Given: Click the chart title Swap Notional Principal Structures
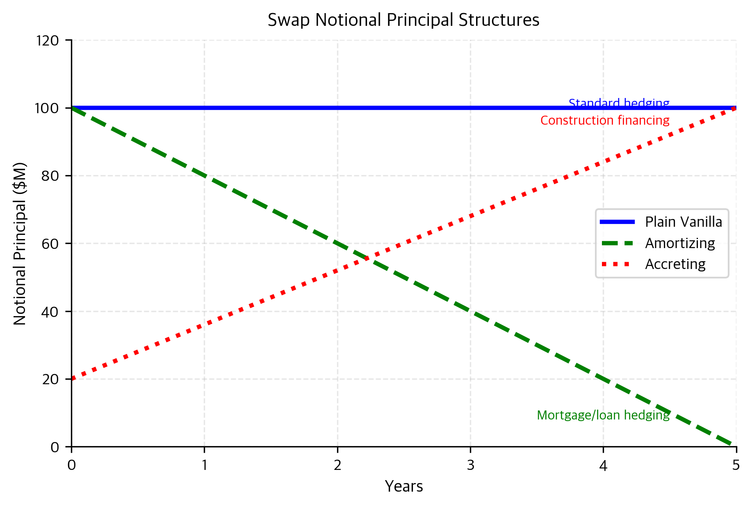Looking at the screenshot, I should coord(403,20).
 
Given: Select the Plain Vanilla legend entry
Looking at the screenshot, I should coord(683,222).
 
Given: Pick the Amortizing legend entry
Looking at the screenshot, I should coord(680,243).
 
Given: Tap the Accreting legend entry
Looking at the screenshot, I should coord(675,264).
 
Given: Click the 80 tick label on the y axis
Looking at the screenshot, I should coord(50,176).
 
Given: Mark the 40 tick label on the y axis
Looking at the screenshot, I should coord(50,312).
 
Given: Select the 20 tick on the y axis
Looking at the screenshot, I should coord(50,379).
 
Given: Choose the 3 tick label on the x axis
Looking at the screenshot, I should coord(470,465).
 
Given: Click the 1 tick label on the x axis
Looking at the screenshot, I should coord(204,465).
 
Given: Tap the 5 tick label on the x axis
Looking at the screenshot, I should coord(736,465).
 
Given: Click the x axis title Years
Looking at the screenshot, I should coord(404,486).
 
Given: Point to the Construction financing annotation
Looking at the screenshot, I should coord(605,121).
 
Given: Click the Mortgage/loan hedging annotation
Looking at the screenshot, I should coord(603,415).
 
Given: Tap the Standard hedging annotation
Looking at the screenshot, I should coord(619,103).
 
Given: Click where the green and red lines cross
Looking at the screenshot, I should coord(367,258).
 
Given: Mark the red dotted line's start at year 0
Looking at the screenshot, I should coord(72,379).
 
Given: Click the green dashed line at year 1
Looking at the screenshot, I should coord(205,176).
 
